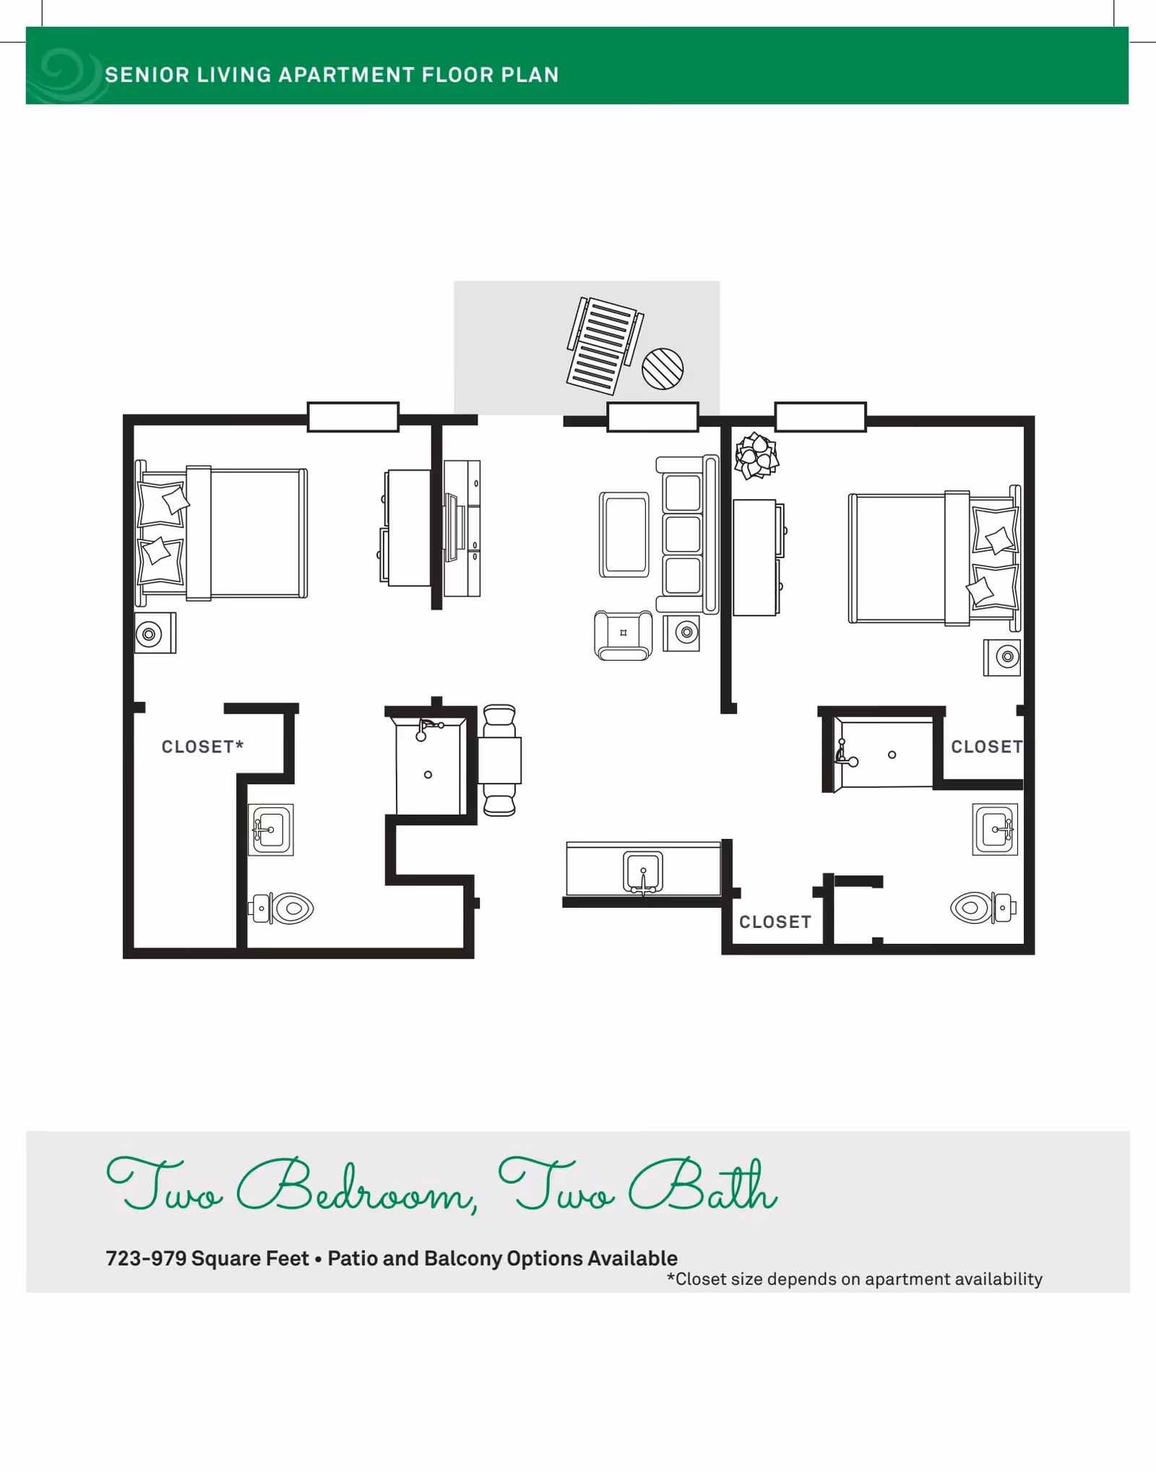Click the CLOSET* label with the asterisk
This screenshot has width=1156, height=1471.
(x=202, y=747)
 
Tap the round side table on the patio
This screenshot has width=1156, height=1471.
(x=663, y=368)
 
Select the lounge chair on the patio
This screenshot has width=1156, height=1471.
(x=604, y=346)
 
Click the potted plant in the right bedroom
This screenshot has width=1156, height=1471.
(x=756, y=456)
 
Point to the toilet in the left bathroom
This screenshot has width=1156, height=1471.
(x=282, y=908)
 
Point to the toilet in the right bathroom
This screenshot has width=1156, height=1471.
(x=983, y=908)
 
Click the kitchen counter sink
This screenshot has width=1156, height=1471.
(x=642, y=872)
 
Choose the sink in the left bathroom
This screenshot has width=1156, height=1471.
(x=271, y=830)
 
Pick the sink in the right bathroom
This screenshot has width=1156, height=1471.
(x=995, y=829)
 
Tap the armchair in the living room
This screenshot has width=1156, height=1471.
(x=623, y=635)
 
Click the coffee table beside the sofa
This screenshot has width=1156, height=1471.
(x=624, y=534)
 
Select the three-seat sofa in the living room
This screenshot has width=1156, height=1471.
(x=687, y=534)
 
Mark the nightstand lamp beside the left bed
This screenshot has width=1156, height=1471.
(x=150, y=634)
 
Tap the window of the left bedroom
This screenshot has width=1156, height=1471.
(x=353, y=417)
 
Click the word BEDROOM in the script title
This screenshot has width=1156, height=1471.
(x=357, y=1186)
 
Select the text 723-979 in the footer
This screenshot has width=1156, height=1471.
(x=146, y=1259)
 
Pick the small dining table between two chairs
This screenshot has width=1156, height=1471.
(x=499, y=760)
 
